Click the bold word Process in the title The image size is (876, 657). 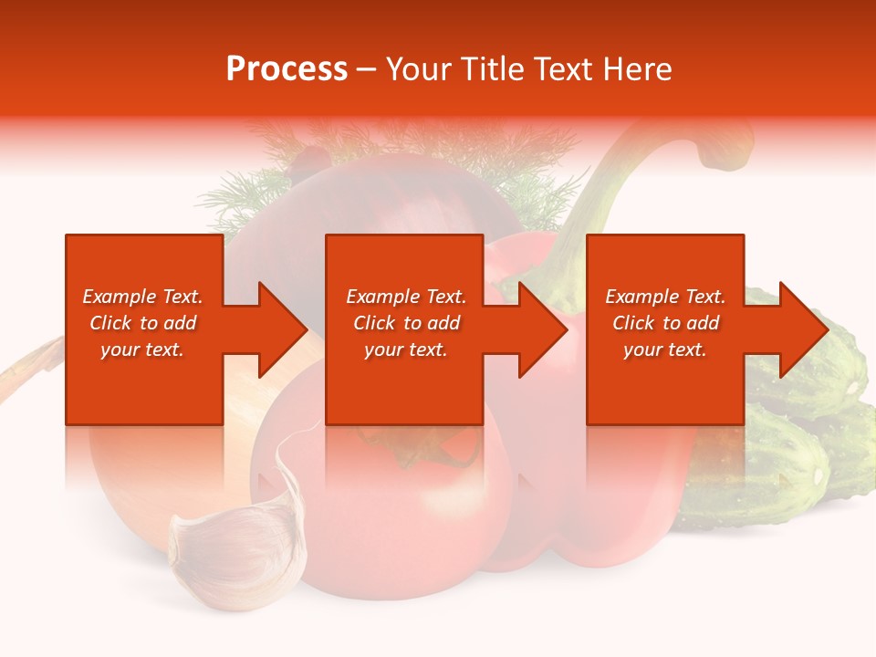(x=287, y=68)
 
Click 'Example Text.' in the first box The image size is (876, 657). (x=142, y=297)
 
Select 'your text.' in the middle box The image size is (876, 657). (x=405, y=349)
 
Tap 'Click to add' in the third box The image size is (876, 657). (x=665, y=323)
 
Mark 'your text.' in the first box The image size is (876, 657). (x=142, y=349)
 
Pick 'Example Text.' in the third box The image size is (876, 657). (x=665, y=297)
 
